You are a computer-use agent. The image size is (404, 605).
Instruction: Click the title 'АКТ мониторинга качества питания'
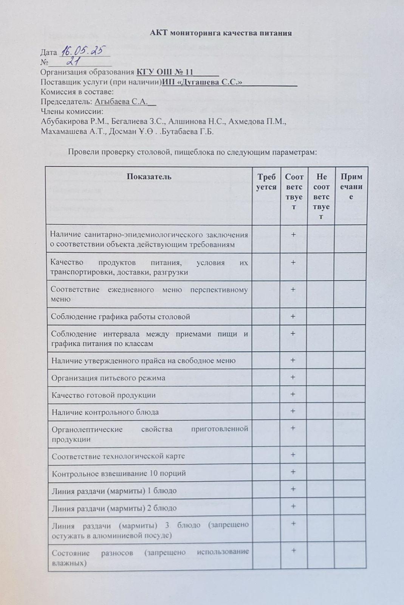[x=221, y=33]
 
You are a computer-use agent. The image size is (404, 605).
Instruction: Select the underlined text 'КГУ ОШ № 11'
[x=165, y=72]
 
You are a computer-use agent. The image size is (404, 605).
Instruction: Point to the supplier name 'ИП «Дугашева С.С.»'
[x=202, y=82]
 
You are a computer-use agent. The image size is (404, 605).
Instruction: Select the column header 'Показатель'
[x=149, y=177]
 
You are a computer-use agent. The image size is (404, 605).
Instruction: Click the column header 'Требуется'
[x=266, y=182]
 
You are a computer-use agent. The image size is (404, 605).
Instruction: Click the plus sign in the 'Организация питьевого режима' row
[x=293, y=377]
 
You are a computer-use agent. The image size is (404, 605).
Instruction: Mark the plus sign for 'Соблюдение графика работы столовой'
[x=293, y=316]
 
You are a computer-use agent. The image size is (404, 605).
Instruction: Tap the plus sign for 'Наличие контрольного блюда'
[x=293, y=411]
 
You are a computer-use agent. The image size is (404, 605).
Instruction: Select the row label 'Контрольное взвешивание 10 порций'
[x=119, y=473]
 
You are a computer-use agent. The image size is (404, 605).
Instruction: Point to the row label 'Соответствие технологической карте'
[x=118, y=456]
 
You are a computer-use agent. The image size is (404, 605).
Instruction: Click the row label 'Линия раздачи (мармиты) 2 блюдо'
[x=114, y=508]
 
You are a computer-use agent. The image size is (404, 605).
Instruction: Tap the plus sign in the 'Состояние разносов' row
[x=293, y=550]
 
